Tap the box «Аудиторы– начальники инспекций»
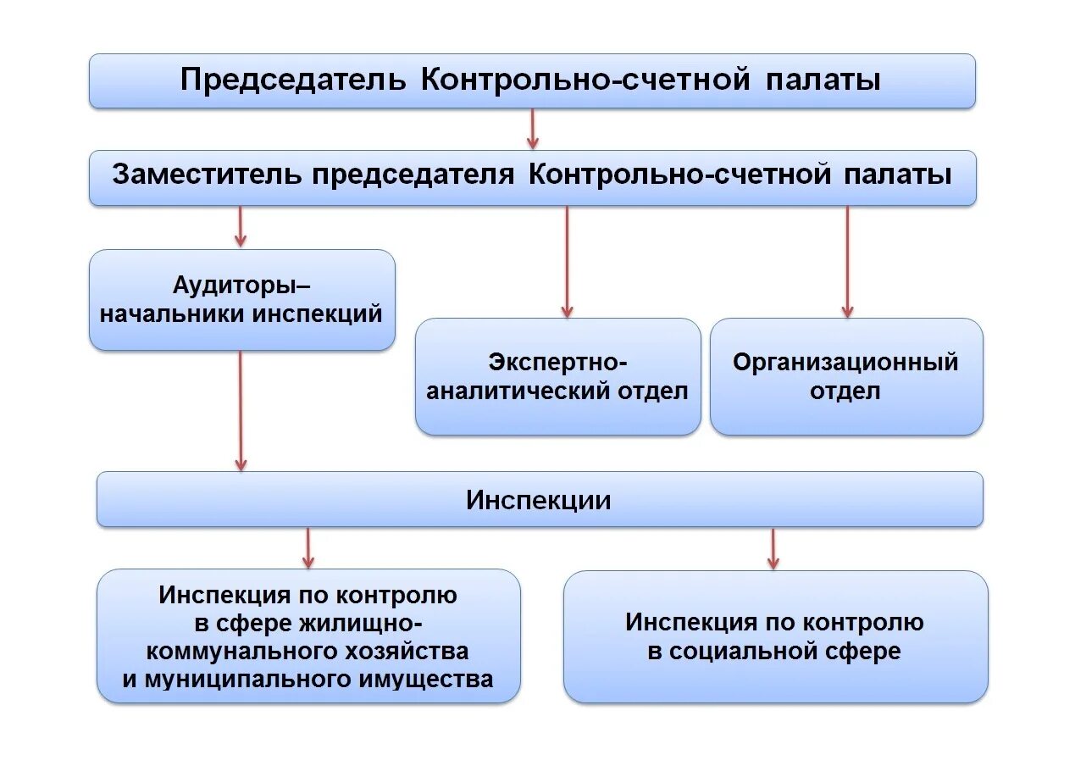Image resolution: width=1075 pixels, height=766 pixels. click(241, 299)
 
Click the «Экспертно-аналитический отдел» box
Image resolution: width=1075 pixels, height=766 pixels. click(557, 377)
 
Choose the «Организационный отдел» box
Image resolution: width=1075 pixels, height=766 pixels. click(845, 377)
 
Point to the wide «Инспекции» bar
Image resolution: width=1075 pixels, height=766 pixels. click(539, 500)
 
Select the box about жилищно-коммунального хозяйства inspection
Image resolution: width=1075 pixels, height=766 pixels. click(308, 636)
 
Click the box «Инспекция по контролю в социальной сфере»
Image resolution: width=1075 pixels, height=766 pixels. click(775, 636)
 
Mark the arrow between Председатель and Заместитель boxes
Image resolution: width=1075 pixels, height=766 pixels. click(533, 129)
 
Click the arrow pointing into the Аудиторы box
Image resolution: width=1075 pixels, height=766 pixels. click(241, 226)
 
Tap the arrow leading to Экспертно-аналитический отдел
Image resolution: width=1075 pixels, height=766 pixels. click(567, 262)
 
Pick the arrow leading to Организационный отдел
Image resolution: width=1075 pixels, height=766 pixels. click(847, 262)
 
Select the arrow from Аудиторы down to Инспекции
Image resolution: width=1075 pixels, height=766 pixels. click(241, 410)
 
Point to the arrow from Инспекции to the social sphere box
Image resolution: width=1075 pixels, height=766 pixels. click(773, 548)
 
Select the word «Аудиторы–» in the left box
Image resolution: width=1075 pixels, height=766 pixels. click(241, 285)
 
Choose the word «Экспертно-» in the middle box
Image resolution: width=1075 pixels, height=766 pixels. click(557, 363)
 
